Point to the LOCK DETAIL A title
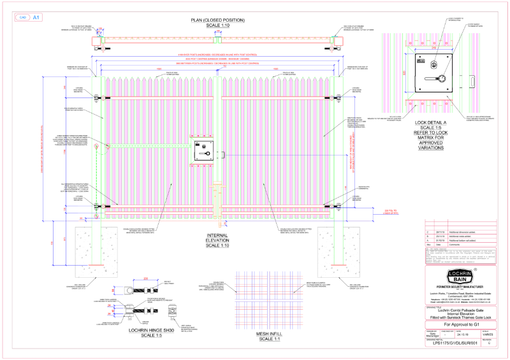[x=431, y=123]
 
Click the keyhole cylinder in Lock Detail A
[x=431, y=64]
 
